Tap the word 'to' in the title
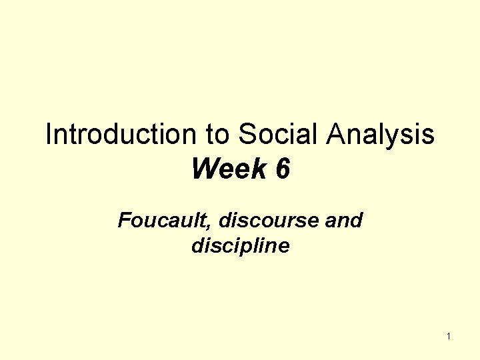click(218, 135)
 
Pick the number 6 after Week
click(282, 169)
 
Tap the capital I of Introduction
click(49, 135)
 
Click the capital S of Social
click(247, 135)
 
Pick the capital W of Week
click(205, 169)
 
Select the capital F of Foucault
click(123, 220)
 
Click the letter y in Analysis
click(407, 139)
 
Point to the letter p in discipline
click(251, 249)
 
